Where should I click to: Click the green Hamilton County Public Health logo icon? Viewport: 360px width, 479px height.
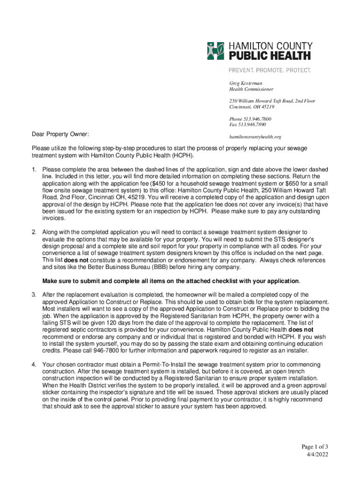[216, 51]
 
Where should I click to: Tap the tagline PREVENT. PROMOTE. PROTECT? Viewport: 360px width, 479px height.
[270, 70]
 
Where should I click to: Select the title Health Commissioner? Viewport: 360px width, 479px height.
[251, 89]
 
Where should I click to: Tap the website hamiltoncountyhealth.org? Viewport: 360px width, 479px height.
[255, 137]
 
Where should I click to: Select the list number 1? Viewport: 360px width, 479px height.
[34, 169]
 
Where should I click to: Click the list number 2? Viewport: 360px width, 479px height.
[34, 232]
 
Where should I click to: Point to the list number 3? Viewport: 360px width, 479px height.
[34, 295]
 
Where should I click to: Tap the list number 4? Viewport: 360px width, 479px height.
[34, 364]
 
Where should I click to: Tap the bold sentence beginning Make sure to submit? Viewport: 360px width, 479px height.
[171, 281]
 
